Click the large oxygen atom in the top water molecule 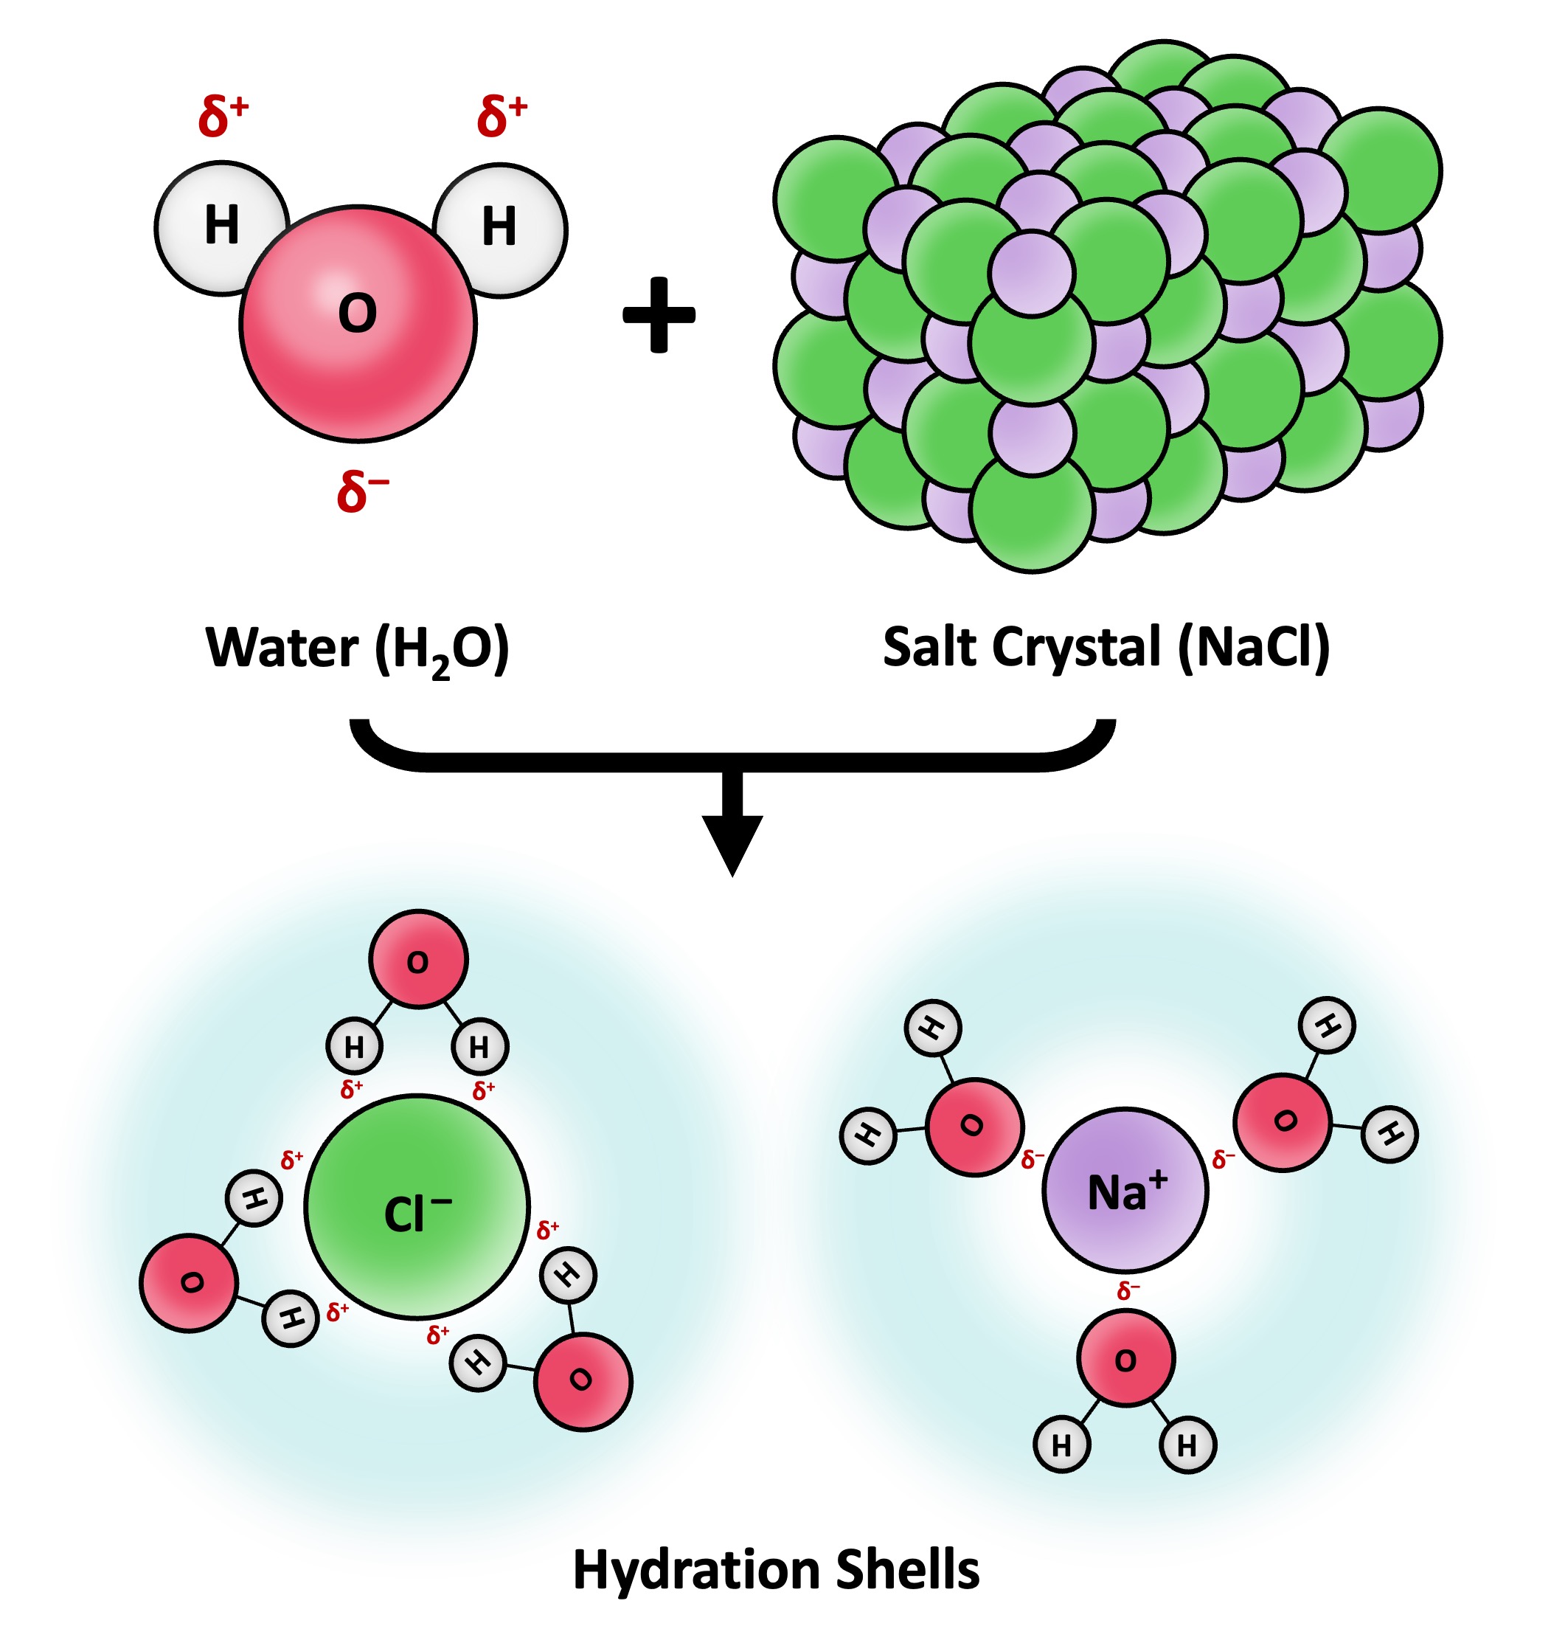[358, 322]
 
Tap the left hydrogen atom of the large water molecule [221, 226]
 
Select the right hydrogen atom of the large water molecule [499, 229]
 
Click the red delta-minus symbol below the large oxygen [361, 491]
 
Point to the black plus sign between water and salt [659, 314]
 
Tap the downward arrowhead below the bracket [732, 843]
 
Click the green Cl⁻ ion [417, 1206]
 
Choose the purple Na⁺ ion [1125, 1190]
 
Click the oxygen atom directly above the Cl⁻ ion [418, 959]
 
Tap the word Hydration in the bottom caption [698, 1569]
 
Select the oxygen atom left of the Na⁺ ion [975, 1127]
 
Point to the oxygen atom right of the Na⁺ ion [1283, 1122]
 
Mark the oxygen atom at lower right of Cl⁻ [583, 1381]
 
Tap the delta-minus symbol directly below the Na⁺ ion [1128, 1291]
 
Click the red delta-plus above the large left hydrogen [223, 115]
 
